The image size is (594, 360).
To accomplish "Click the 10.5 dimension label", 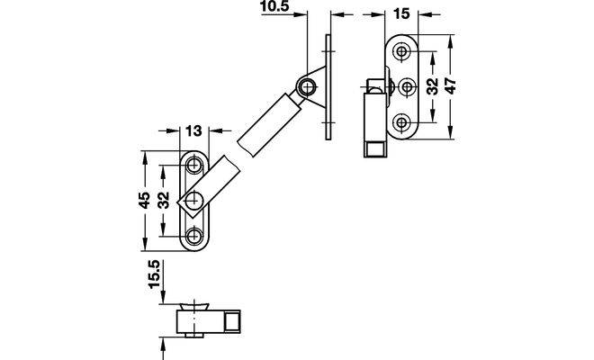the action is [274, 6].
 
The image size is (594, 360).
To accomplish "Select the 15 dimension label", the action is [401, 14].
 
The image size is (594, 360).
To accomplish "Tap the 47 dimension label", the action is [450, 86].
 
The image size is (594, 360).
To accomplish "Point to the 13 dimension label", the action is [193, 131].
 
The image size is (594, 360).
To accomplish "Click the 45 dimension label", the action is [144, 200].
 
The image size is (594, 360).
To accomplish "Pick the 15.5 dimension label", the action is [155, 274].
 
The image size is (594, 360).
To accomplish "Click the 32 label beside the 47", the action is [432, 86].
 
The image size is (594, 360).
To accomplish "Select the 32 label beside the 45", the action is [164, 200].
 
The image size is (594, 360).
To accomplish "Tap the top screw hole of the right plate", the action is [400, 50].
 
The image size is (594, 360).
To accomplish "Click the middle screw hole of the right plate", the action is [407, 86].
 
